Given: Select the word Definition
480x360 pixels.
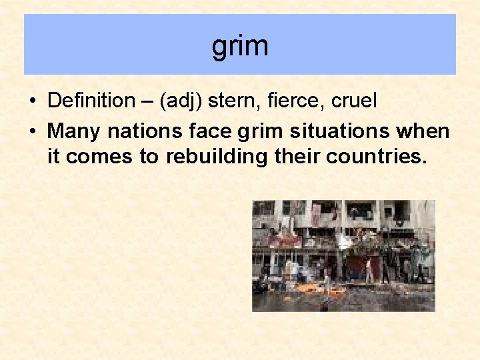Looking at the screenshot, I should (x=91, y=101).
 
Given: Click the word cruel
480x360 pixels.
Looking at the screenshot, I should (x=353, y=101).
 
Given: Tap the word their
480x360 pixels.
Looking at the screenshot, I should (x=293, y=158).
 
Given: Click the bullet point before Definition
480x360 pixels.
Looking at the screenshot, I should (x=33, y=101).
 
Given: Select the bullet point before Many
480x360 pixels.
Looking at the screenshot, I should (x=33, y=131).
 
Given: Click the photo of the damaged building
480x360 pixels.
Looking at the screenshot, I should (x=343, y=255).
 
